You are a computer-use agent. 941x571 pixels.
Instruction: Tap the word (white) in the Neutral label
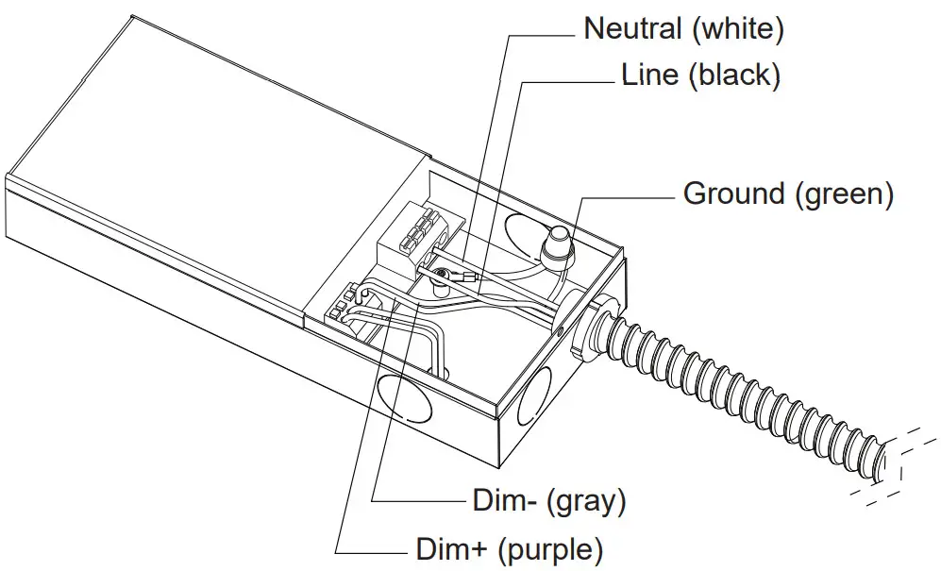click(737, 28)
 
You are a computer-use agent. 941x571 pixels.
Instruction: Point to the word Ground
click(733, 194)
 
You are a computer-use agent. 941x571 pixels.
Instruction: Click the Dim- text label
click(505, 500)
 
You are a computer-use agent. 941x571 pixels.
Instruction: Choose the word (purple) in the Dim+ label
click(551, 548)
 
